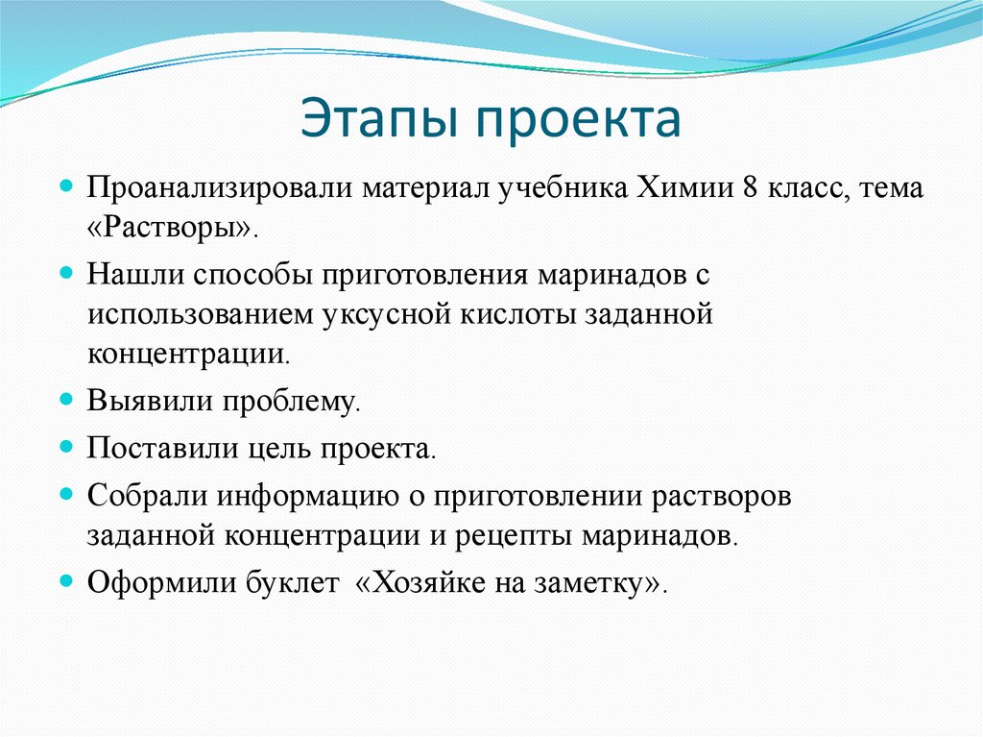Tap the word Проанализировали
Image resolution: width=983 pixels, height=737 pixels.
pos(220,187)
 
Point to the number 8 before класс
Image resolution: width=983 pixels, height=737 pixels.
pos(751,187)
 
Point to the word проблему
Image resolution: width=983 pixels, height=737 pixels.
pos(289,401)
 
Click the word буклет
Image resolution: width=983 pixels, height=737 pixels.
pos(292,582)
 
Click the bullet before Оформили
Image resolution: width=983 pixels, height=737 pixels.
pos(66,580)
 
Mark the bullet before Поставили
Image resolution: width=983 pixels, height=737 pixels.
pos(66,447)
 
